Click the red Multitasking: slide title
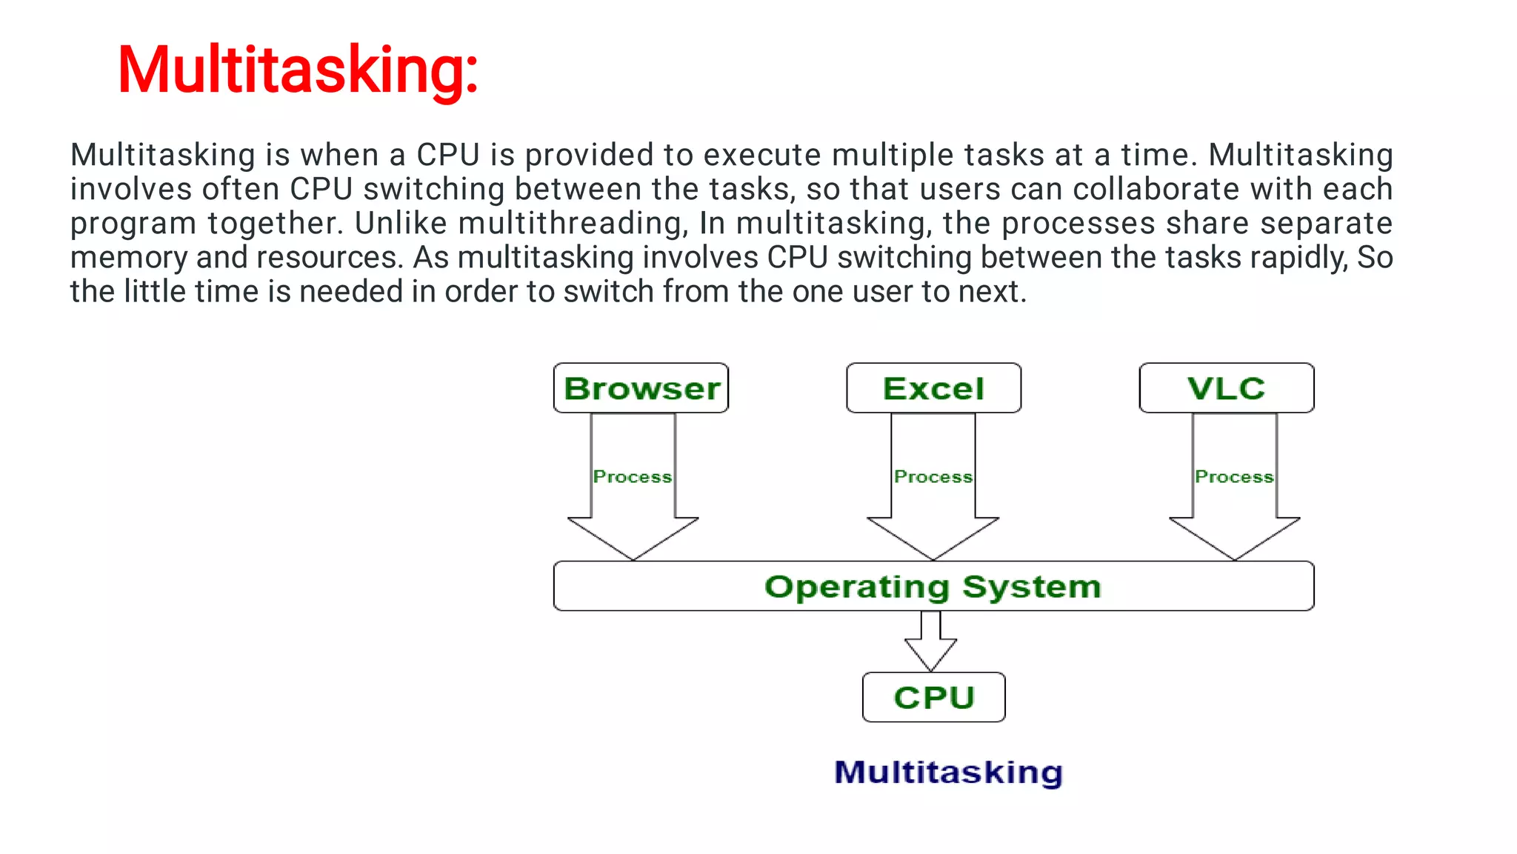[x=298, y=70]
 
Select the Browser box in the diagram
[x=641, y=388]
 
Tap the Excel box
[x=933, y=388]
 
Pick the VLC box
[x=1227, y=388]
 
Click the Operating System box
[x=933, y=586]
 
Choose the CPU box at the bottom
[x=933, y=697]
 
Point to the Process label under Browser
[x=633, y=477]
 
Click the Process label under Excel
[x=933, y=477]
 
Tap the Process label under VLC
[x=1234, y=477]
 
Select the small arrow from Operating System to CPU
[x=931, y=641]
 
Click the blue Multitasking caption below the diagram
[x=948, y=772]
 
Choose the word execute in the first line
[x=762, y=155]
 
